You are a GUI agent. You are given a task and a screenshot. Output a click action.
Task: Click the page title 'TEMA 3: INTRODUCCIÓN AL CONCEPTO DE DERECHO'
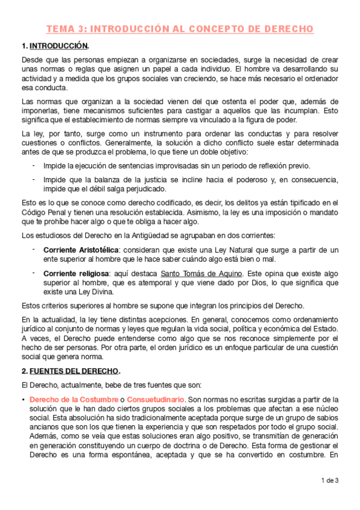[x=180, y=29]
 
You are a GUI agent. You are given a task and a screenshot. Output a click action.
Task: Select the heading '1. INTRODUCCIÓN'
[x=58, y=46]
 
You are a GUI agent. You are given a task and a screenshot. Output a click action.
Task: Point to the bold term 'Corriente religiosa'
[x=74, y=274]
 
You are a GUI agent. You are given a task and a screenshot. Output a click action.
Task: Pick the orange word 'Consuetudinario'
[x=152, y=400]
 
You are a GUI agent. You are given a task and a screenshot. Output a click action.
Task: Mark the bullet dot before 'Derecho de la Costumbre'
[x=23, y=400]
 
